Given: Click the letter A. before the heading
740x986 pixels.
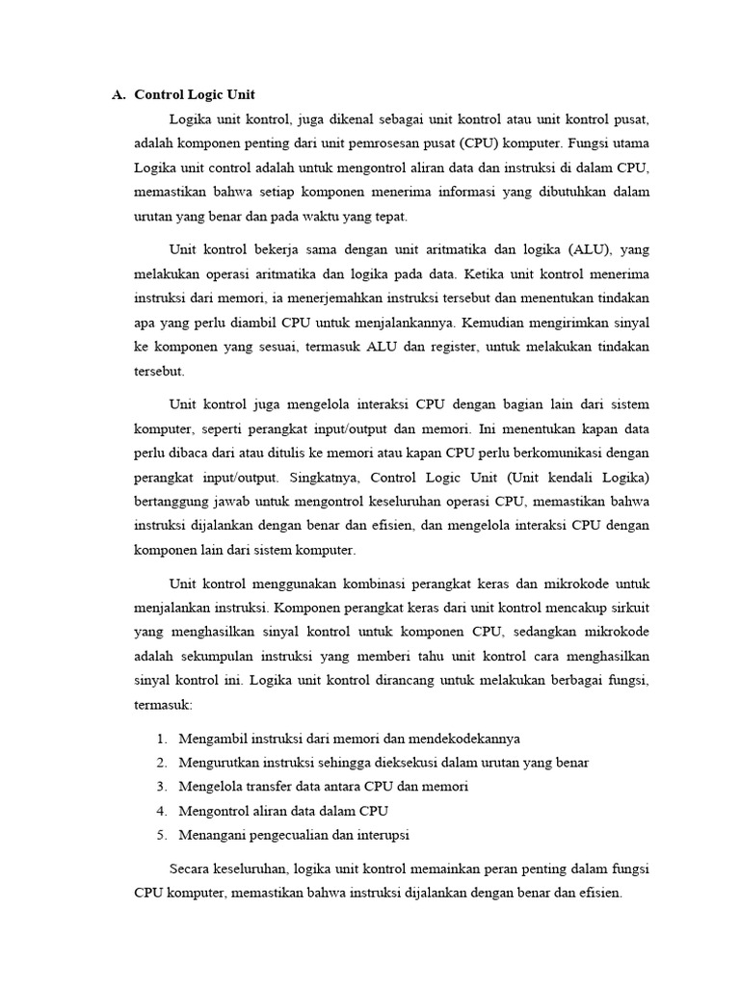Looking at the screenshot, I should tap(119, 95).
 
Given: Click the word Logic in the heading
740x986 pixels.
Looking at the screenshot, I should tap(209, 95).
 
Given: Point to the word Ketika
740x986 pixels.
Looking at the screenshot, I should tap(496, 273).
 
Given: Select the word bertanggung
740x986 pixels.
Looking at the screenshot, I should tap(173, 502).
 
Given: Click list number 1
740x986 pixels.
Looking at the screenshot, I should tap(160, 739).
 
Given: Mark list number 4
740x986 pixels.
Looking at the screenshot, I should tap(160, 811).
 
